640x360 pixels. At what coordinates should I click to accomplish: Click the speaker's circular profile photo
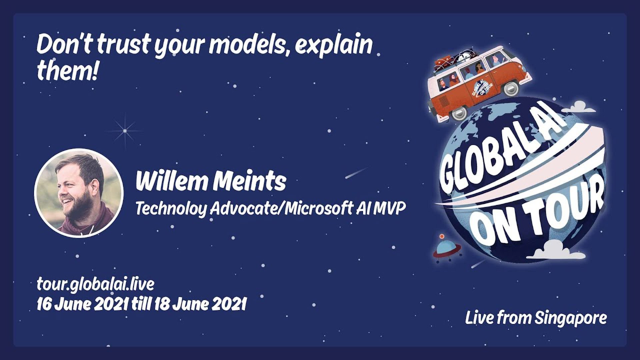click(x=79, y=193)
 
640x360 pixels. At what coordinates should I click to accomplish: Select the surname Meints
click(x=249, y=181)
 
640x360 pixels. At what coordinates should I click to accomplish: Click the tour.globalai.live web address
click(x=95, y=284)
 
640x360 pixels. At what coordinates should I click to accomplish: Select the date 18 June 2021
click(x=200, y=304)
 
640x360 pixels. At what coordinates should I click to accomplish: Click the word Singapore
click(x=571, y=318)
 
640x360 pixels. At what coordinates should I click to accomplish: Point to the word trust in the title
click(x=124, y=45)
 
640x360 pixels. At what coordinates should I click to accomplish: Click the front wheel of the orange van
click(x=458, y=113)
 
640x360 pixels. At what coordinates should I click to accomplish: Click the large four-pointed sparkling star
click(x=125, y=131)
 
